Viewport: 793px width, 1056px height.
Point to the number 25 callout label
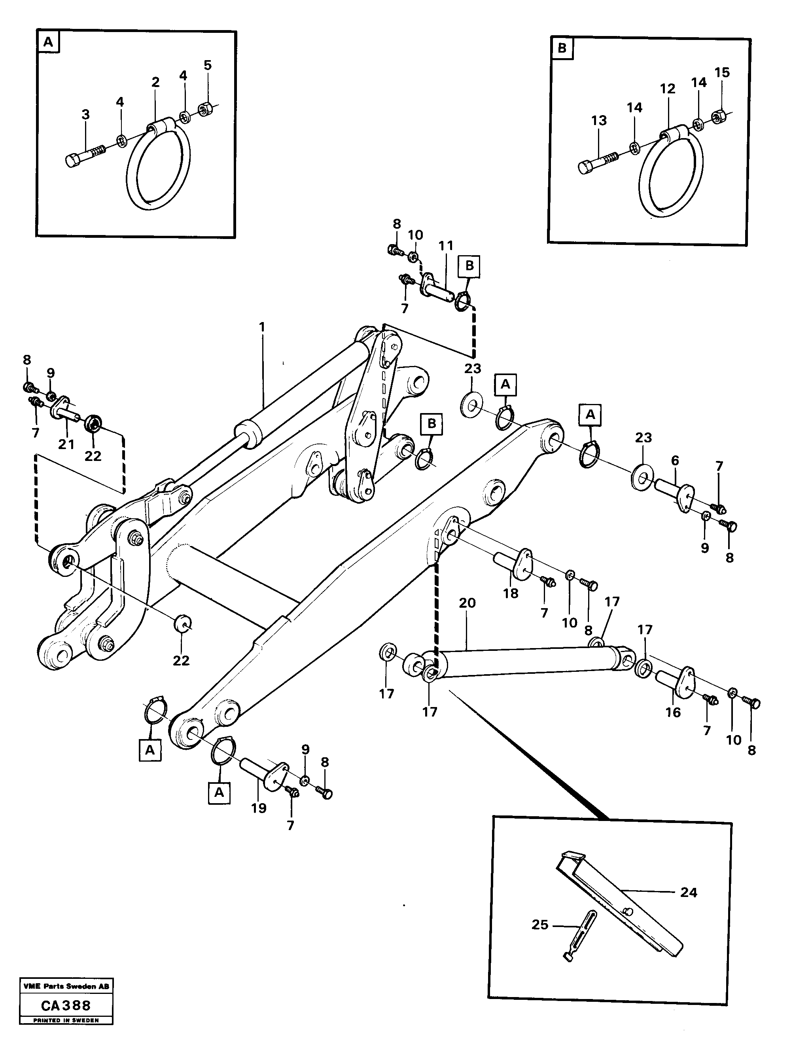[x=539, y=925]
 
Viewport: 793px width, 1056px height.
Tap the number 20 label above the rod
[x=467, y=603]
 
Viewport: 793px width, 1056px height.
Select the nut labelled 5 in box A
[x=206, y=110]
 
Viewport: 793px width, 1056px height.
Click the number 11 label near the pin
[x=446, y=246]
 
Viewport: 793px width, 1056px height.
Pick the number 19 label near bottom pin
[x=259, y=808]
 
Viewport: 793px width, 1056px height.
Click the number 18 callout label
[x=510, y=593]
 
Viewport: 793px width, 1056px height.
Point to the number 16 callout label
[x=673, y=712]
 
